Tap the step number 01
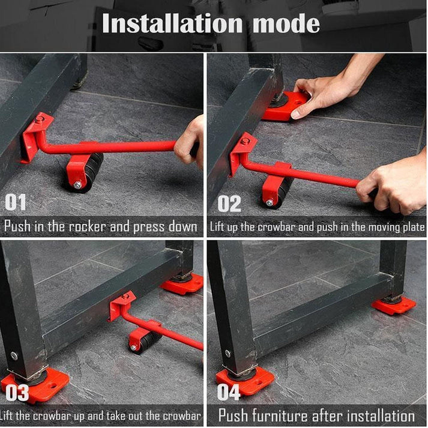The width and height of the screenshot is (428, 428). click(16, 202)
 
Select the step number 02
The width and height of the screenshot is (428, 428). click(229, 203)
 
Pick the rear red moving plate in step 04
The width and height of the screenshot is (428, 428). click(393, 305)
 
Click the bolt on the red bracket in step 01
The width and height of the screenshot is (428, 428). click(40, 120)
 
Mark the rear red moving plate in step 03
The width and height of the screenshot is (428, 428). click(182, 283)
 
